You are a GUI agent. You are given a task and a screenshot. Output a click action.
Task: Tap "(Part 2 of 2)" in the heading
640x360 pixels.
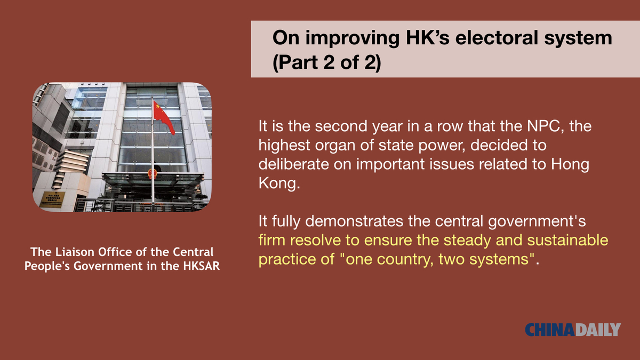327,62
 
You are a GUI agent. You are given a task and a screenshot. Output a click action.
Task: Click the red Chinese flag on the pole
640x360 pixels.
164,117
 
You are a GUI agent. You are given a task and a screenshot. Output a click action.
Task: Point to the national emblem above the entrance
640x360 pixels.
153,173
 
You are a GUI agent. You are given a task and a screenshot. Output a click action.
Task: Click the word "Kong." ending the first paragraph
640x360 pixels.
279,183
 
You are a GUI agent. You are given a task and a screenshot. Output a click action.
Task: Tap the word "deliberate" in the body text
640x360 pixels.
293,164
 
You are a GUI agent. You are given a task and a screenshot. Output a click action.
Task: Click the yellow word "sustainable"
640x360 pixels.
567,240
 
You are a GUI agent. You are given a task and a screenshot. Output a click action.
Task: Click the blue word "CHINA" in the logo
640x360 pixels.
550,330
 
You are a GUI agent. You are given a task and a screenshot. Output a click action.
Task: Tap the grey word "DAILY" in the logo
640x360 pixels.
598,330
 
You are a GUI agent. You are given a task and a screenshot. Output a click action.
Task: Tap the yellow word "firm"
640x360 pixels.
271,240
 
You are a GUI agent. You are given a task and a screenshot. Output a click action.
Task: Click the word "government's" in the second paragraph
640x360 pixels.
537,221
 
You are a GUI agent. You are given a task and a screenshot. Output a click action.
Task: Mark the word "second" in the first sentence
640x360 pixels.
341,126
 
